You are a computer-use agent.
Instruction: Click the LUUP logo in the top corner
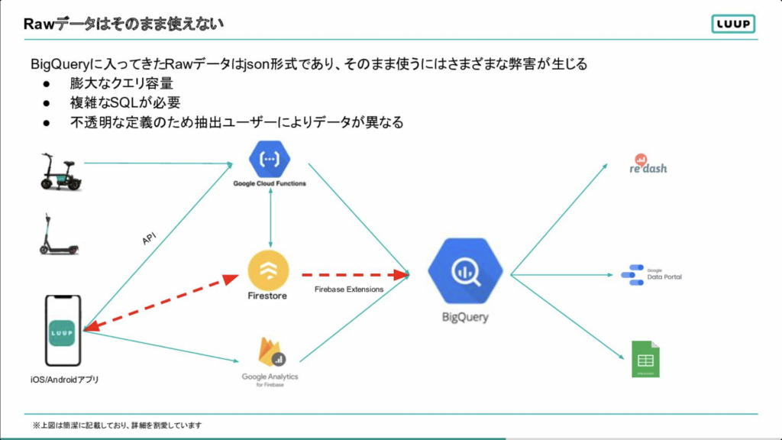(x=732, y=24)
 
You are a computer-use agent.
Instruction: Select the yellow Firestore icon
(x=268, y=270)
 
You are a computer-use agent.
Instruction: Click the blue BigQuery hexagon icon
(x=465, y=273)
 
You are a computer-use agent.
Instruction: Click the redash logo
(x=648, y=164)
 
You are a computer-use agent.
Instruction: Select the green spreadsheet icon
(x=645, y=358)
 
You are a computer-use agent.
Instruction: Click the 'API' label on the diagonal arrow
(x=150, y=238)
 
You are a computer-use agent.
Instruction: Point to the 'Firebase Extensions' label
(x=348, y=289)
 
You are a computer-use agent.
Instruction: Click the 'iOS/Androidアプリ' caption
(x=66, y=380)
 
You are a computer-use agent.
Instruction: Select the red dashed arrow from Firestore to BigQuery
(x=354, y=273)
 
